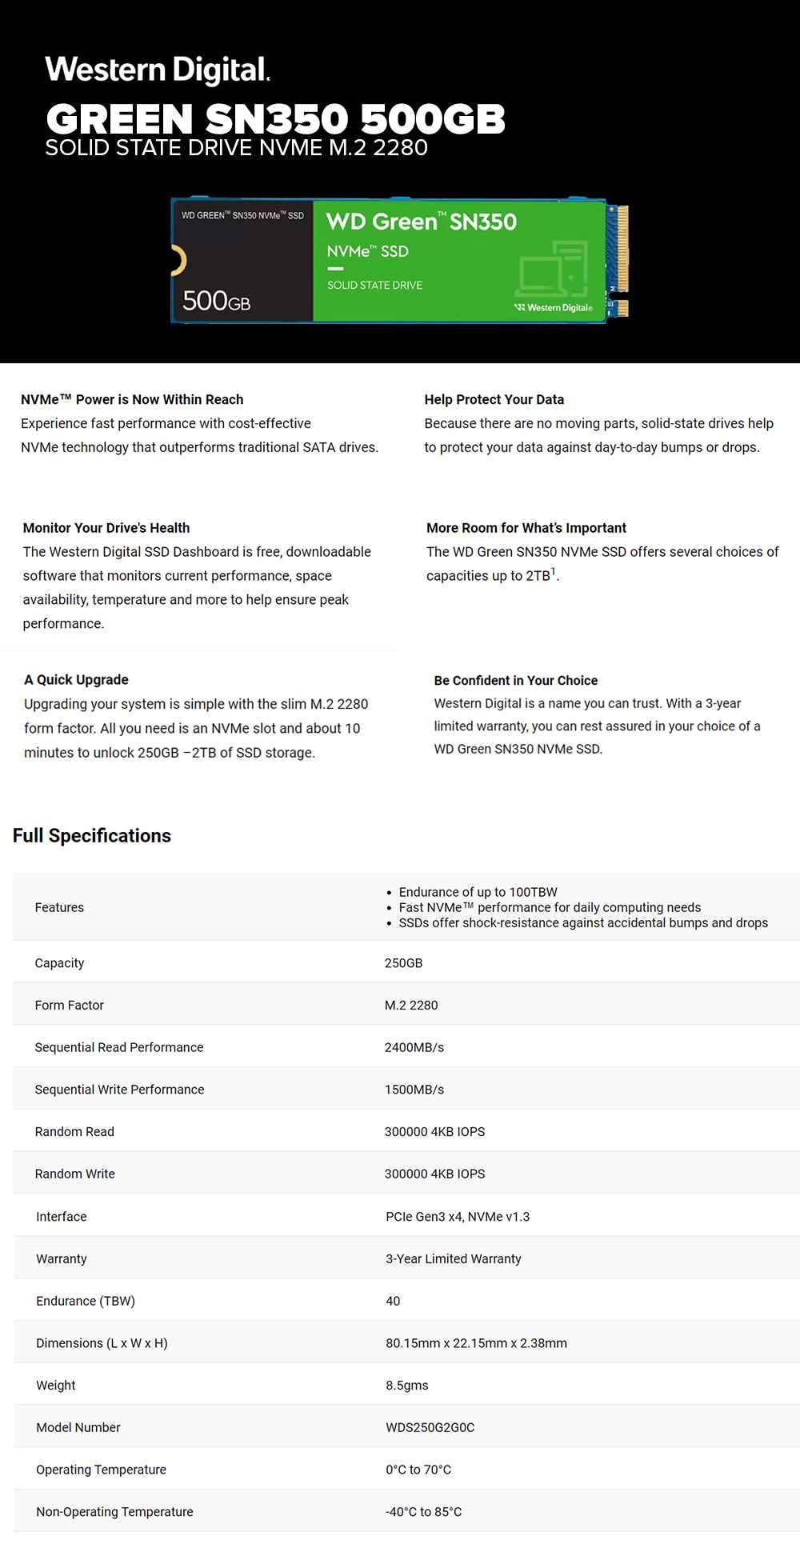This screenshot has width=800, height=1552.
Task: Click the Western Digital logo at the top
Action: tap(158, 70)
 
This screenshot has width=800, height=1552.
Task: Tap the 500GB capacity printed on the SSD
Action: tap(216, 301)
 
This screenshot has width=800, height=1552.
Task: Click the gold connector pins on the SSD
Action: tap(622, 249)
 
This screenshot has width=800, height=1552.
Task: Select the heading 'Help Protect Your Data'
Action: tap(494, 399)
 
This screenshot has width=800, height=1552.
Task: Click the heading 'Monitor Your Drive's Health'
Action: tap(106, 528)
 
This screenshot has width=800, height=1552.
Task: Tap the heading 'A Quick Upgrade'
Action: tap(76, 680)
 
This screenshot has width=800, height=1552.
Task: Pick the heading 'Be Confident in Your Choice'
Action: tap(515, 681)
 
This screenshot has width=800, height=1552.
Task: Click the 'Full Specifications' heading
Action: tap(92, 836)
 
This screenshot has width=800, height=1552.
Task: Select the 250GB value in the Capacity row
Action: tap(403, 963)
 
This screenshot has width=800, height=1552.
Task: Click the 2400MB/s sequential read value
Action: tap(414, 1047)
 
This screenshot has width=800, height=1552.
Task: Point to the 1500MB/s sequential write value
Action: tap(414, 1090)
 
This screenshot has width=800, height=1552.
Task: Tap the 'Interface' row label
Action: tap(61, 1217)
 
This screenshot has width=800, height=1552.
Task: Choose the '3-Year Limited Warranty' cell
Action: tap(453, 1259)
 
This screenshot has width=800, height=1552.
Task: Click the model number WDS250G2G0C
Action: tap(430, 1428)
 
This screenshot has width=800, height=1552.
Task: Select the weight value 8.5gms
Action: tap(406, 1386)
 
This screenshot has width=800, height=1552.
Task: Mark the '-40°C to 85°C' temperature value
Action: tap(423, 1512)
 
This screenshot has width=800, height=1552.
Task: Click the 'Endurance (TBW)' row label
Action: tap(85, 1302)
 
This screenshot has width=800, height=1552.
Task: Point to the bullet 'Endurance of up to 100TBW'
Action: tap(478, 892)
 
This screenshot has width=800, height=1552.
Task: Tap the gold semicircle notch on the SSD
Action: tap(180, 262)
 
